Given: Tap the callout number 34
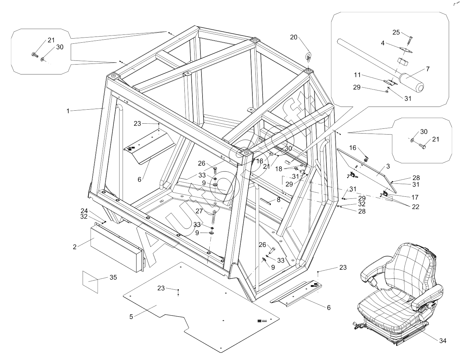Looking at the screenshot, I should click(443, 341).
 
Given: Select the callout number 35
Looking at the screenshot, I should click(113, 277).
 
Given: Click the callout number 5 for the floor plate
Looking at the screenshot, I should click(131, 317).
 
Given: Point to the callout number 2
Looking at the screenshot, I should click(75, 247).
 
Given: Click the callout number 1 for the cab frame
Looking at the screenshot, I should click(68, 111).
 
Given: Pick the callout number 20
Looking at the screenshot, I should click(294, 37).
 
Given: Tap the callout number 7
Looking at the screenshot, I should click(428, 69).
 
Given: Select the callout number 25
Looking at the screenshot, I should click(396, 32).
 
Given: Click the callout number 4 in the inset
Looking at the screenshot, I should click(383, 43).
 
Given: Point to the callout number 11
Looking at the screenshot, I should click(357, 75).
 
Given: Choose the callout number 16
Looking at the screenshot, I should click(352, 148).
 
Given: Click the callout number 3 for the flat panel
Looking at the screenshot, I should click(388, 166).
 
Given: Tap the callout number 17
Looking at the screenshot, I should click(415, 197).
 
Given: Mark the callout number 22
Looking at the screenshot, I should click(415, 207).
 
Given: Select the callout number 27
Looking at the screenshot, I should click(199, 211).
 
